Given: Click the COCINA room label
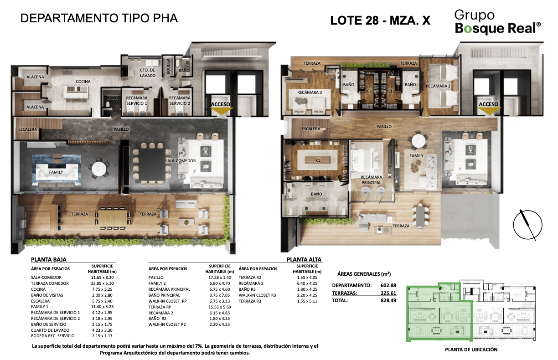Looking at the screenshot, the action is (83, 82).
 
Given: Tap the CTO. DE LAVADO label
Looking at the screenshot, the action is (147, 73).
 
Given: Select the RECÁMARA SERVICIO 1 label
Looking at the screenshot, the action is (136, 101).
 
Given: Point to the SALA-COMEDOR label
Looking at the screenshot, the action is (181, 161).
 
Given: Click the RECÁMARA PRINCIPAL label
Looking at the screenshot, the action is (371, 180).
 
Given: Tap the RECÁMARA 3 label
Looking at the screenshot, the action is (310, 93).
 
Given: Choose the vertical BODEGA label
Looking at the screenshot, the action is (168, 66).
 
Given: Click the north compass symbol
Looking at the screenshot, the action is (527, 225).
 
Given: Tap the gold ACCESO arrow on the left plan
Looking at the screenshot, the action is (221, 111).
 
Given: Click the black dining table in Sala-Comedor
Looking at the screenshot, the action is (152, 165).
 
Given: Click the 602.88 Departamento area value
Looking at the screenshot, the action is (388, 286).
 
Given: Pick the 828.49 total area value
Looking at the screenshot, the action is (388, 300).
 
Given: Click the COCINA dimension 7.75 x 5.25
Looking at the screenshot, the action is (102, 289).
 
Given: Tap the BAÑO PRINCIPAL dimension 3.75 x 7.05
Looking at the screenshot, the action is (219, 295).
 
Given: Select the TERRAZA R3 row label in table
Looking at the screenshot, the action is (250, 301).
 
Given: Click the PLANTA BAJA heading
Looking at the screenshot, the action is (49, 260).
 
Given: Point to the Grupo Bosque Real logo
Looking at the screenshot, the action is (497, 22).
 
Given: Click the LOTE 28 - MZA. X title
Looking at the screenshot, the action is (380, 21).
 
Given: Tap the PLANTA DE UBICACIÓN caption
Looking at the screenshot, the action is (471, 350).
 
